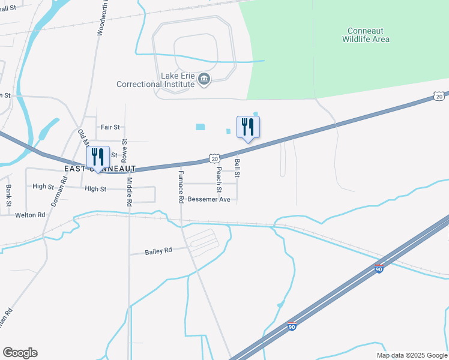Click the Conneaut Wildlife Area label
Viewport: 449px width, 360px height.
pos(366,35)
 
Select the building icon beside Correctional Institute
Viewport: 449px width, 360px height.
pos(204,79)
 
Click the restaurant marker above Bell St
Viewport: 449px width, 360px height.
pos(248,128)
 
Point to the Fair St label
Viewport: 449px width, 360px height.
pos(110,127)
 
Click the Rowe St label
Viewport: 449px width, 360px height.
pos(124,151)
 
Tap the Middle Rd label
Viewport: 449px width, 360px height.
pos(128,192)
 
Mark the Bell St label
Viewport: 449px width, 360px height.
pos(238,168)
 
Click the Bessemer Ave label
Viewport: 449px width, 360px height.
pos(209,199)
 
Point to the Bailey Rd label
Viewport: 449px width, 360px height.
pos(158,251)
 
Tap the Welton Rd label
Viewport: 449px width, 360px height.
pos(31,215)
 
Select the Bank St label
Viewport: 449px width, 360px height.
pos(8,195)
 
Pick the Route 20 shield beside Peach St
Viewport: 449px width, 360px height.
pos(214,157)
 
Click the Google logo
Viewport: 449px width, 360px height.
pos(20,353)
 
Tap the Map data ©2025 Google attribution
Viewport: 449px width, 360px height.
pos(411,355)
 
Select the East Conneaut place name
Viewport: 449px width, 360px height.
pos(100,169)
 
